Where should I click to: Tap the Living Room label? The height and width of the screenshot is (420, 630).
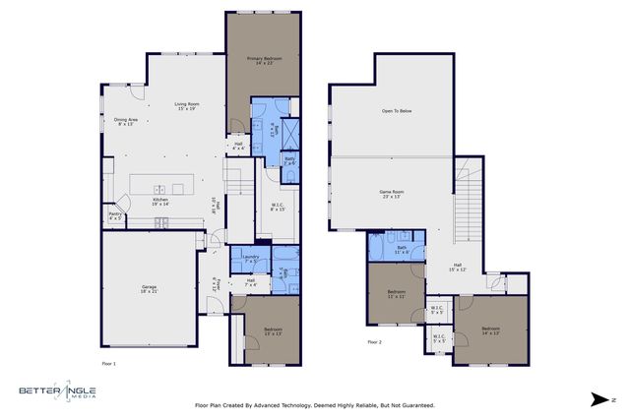click(x=188, y=105)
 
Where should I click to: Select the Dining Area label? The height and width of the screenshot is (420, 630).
click(x=125, y=122)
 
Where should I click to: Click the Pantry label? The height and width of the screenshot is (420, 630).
click(x=115, y=215)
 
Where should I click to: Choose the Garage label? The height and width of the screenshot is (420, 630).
click(x=148, y=288)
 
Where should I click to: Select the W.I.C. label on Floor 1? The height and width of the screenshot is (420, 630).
click(x=278, y=207)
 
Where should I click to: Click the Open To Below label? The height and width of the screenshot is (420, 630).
click(x=396, y=111)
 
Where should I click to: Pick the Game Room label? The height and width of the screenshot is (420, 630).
click(x=392, y=194)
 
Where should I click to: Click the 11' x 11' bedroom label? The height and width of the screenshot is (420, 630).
click(x=396, y=294)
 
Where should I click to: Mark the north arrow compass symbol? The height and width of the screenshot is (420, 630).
click(x=600, y=398)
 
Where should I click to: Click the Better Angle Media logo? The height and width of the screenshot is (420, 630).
click(x=60, y=393)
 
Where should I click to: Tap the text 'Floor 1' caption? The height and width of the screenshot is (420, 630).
click(x=109, y=363)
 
